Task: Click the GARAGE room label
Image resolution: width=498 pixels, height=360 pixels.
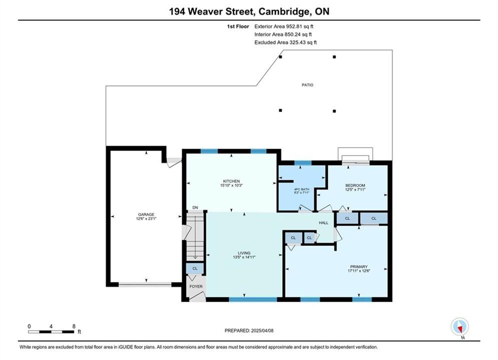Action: click(x=146, y=214)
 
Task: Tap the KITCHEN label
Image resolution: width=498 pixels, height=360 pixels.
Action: click(x=231, y=181)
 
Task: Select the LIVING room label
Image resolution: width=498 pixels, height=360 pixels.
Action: click(x=244, y=253)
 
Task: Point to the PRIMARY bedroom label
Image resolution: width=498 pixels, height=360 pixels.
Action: click(x=359, y=266)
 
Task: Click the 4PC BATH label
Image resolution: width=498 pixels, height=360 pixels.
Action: click(x=302, y=189)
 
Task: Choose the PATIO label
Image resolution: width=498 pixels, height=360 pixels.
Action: click(x=307, y=85)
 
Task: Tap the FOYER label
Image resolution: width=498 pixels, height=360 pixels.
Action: click(x=196, y=286)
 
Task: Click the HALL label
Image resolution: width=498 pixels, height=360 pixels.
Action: click(x=324, y=222)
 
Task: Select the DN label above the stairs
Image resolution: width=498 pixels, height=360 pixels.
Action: click(x=195, y=207)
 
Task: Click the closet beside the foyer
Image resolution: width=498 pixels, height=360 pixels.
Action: click(x=195, y=268)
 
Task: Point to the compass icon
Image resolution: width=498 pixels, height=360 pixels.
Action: click(x=459, y=326)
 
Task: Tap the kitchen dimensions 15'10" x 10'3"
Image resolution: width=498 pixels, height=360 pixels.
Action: click(x=231, y=185)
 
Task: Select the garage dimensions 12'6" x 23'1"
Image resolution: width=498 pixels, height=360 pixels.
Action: click(x=146, y=218)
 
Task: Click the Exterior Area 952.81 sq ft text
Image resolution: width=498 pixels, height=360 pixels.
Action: click(x=284, y=26)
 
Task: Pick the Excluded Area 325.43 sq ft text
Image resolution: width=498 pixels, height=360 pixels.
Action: click(x=285, y=42)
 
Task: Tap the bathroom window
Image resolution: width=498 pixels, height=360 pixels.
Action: click(x=303, y=163)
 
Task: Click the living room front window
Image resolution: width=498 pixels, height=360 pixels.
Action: click(x=253, y=299)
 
